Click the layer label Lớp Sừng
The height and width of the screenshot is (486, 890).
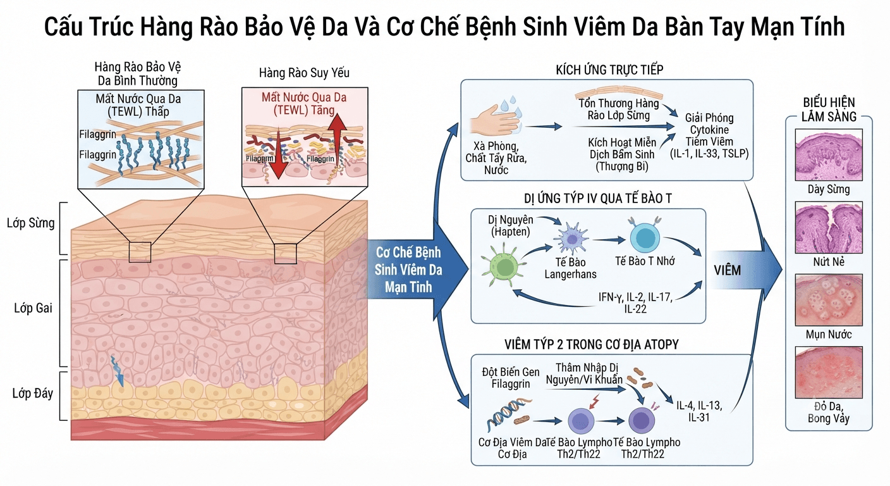pyautogui.click(x=30, y=223)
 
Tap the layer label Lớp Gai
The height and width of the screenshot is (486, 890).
pyautogui.click(x=33, y=308)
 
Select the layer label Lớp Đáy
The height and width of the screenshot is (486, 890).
pyautogui.click(x=33, y=393)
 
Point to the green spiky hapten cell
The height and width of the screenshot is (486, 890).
pyautogui.click(x=503, y=265)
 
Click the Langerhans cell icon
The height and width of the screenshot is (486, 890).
pyautogui.click(x=571, y=239)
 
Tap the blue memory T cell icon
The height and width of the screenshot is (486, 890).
pyautogui.click(x=645, y=237)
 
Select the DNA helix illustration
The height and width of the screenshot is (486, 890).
pyautogui.click(x=509, y=415)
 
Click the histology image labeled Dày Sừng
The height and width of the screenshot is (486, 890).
pyautogui.click(x=829, y=154)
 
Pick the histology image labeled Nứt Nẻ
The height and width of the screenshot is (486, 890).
pyautogui.click(x=829, y=227)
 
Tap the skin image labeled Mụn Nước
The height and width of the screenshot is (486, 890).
pyautogui.click(x=829, y=300)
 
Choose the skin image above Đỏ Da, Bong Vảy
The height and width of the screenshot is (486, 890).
pyautogui.click(x=829, y=372)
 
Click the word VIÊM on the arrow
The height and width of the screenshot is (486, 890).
pyautogui.click(x=728, y=270)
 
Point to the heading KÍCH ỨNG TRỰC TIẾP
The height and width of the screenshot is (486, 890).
pyautogui.click(x=609, y=70)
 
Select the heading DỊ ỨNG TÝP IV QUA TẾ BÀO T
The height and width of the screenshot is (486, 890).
pyautogui.click(x=597, y=199)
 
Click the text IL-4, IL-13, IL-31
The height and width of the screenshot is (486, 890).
pyautogui.click(x=699, y=411)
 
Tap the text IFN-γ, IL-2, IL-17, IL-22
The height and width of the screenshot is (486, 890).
pyautogui.click(x=635, y=302)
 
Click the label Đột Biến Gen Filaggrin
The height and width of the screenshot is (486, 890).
pyautogui.click(x=511, y=378)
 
